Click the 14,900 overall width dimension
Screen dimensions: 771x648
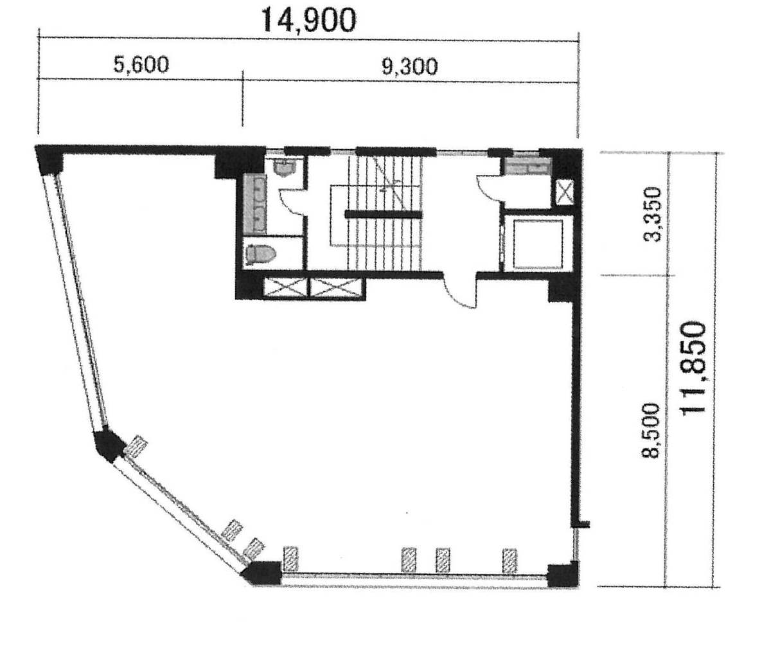pos(308,20)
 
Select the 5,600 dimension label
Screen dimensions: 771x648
pos(141,65)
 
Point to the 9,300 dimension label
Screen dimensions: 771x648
pos(409,67)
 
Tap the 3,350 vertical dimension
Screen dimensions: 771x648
pos(651,214)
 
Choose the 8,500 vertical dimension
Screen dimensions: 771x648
pos(650,431)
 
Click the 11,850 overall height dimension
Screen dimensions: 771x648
pos(693,369)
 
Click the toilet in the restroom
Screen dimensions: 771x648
pos(261,255)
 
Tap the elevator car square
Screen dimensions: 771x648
pos(539,244)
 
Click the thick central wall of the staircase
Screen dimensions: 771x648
pos(384,214)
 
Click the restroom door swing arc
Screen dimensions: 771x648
pos(292,202)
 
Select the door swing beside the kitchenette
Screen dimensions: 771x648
pos(489,188)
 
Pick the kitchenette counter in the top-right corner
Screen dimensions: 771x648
pos(528,166)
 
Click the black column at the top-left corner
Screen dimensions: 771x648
pos(49,159)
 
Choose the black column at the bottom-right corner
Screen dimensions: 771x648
pos(562,575)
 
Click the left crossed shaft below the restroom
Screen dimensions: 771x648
pos(286,288)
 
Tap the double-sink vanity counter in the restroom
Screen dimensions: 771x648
pos(255,204)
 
